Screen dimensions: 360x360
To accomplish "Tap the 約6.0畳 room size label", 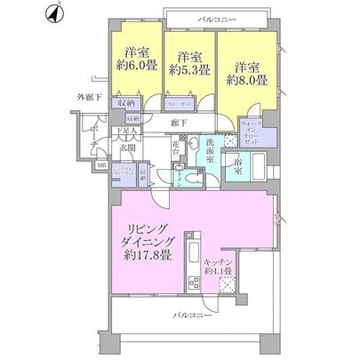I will coord(136,67).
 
